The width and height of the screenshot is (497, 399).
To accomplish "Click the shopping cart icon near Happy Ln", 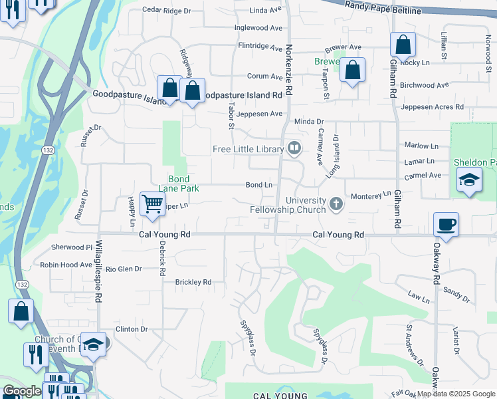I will (152, 203).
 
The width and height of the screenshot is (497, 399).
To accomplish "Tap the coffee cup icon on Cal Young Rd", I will (447, 223).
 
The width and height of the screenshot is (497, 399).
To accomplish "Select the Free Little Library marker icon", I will (294, 149).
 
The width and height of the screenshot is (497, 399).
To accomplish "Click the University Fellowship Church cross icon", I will (336, 202).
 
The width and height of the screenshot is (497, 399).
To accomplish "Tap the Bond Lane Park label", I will (183, 184).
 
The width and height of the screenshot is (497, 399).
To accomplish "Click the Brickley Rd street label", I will (193, 282).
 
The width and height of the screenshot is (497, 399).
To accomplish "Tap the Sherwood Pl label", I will (71, 247).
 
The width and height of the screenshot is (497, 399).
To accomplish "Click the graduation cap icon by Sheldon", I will (469, 180).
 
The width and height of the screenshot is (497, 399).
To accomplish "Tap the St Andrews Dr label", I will (415, 345).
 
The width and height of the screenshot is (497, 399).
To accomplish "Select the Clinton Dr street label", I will (131, 329).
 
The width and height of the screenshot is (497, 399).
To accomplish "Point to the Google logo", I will (22, 391).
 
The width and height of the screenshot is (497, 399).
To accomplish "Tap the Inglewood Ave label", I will (258, 29).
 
